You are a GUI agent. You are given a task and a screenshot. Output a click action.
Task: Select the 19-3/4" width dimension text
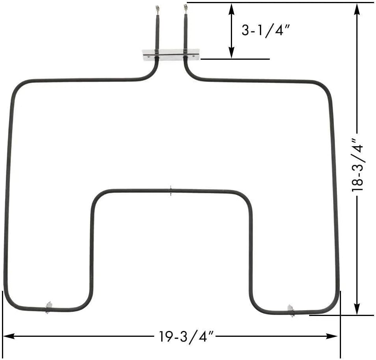coord(186,337)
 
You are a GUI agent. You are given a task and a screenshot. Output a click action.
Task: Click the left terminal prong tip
coord(157,7)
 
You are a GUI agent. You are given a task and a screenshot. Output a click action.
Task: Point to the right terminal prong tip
coord(185,6)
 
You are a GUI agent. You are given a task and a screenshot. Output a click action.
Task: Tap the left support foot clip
coord(48,307)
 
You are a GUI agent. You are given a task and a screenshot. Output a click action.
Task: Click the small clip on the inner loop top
coord(170,191)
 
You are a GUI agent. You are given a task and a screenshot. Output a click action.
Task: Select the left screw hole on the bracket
coord(148,56)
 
